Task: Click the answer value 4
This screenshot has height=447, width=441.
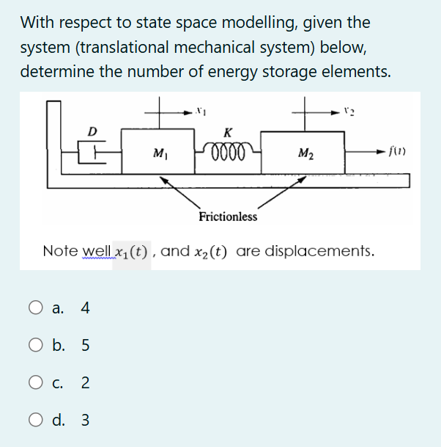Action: pyautogui.click(x=86, y=308)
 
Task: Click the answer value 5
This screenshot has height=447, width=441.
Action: pyautogui.click(x=86, y=345)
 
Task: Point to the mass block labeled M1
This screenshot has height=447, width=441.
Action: pyautogui.click(x=157, y=153)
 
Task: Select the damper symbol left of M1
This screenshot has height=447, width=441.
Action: pyautogui.click(x=92, y=153)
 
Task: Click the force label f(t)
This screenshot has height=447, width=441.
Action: pyautogui.click(x=399, y=153)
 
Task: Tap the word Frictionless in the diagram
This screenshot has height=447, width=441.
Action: pyautogui.click(x=228, y=217)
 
